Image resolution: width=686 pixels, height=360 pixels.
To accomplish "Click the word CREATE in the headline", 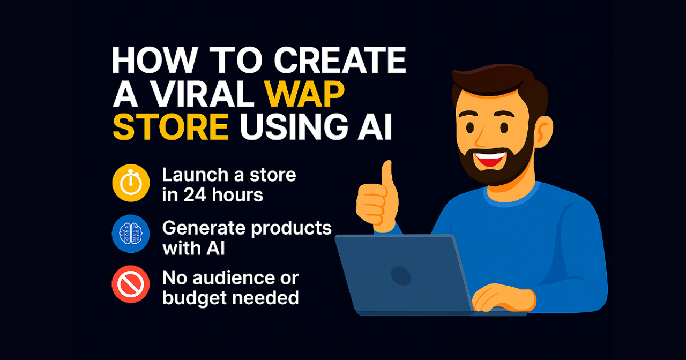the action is (340, 61).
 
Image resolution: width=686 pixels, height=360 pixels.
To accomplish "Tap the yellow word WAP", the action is (305, 94).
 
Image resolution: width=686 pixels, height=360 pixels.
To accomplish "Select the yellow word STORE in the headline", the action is (170, 127).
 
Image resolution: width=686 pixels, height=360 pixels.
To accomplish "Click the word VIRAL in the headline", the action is (203, 94).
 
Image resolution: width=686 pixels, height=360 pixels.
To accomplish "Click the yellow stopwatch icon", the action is (131, 183).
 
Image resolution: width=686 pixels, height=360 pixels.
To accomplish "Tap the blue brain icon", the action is (131, 234).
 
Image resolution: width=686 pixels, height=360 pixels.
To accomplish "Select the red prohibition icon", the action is (131, 284).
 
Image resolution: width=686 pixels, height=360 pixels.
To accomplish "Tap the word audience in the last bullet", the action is (234, 278).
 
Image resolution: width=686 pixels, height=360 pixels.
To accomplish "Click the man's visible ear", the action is (543, 132).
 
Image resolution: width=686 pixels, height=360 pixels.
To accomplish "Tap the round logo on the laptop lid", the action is (401, 275).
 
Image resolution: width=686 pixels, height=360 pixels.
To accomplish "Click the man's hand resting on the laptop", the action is (504, 297).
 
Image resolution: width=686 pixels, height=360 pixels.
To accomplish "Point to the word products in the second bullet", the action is (291, 229).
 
